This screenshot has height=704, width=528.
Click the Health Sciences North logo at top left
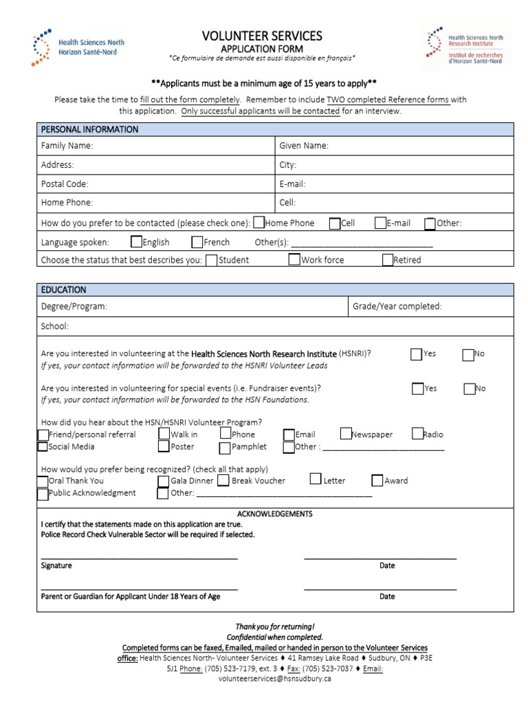click(77, 47)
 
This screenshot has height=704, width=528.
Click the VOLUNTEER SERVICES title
click(261, 36)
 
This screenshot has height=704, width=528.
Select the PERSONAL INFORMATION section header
click(89, 129)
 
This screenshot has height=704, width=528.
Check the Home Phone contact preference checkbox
click(258, 223)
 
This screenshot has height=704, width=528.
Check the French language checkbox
click(197, 242)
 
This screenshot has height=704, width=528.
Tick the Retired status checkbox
click(388, 260)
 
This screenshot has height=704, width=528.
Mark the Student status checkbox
click(212, 260)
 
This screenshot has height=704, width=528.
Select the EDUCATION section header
click(64, 289)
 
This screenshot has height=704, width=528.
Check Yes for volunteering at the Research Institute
click(417, 354)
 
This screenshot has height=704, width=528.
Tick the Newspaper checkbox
click(346, 434)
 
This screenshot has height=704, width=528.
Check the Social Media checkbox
click(43, 447)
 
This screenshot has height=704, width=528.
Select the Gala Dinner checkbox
click(164, 481)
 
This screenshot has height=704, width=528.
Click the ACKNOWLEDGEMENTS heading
click(274, 514)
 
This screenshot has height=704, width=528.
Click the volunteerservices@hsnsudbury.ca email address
click(274, 679)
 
